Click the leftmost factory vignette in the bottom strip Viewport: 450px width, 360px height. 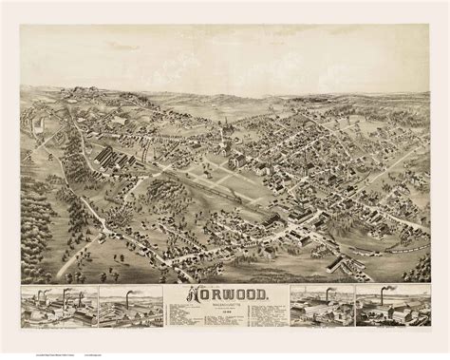56,306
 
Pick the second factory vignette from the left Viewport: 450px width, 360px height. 130,306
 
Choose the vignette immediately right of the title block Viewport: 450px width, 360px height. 321,306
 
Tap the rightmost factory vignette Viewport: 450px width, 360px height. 392,306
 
